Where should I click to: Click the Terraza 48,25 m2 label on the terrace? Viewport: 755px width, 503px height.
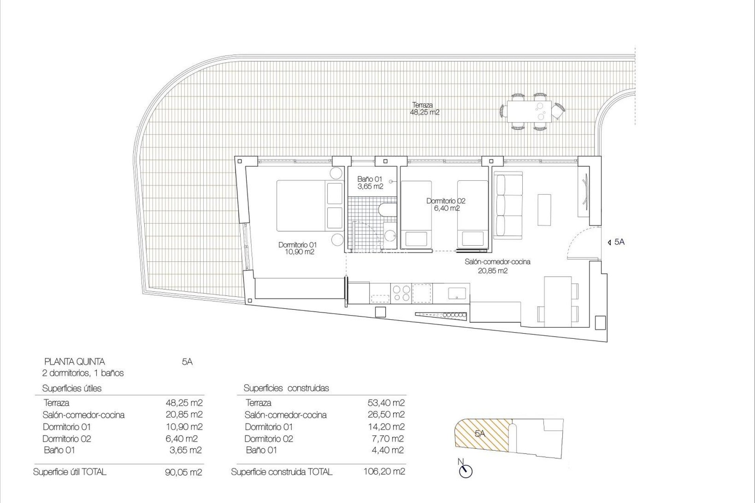[424, 108]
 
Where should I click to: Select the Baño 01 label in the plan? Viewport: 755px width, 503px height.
[370, 183]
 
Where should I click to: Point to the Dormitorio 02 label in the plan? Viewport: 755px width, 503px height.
[446, 204]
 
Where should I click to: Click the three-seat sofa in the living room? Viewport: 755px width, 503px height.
[508, 207]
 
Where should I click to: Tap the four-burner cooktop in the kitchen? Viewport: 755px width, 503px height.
[401, 293]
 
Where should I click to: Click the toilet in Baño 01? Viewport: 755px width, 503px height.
[387, 211]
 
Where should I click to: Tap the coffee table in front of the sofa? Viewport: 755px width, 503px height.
[545, 209]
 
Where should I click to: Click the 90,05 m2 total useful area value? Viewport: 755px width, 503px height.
[184, 472]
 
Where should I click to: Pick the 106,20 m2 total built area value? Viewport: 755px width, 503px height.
[384, 471]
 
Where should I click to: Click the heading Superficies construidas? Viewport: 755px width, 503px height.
[286, 388]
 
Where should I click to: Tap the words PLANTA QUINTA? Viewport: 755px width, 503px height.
[75, 362]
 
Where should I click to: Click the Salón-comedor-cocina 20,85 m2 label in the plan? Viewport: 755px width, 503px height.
[497, 266]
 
